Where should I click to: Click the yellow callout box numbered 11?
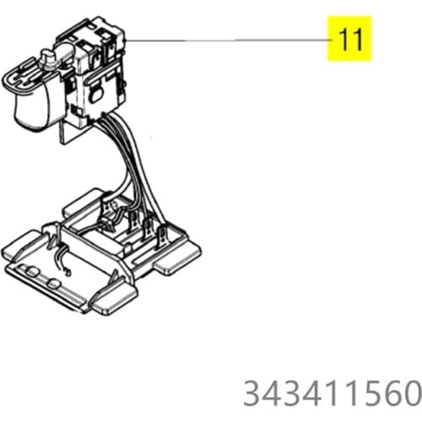pyautogui.click(x=351, y=39)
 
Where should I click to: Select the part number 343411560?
pyautogui.click(x=331, y=393)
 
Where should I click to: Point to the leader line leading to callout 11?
pyautogui.click(x=228, y=40)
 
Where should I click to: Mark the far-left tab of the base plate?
pyautogui.click(x=21, y=249)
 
